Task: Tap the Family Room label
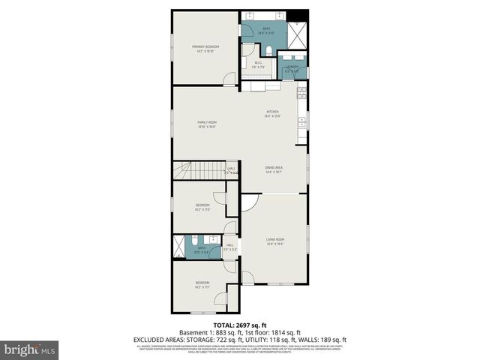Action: tap(207, 124)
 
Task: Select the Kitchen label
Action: tap(272, 113)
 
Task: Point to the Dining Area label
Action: tap(273, 169)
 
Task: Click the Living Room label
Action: tap(275, 241)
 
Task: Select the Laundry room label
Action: tap(292, 68)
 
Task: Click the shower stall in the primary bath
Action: tap(298, 36)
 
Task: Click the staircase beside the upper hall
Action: tap(199, 171)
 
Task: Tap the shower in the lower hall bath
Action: tap(179, 247)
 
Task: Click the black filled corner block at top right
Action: tap(301, 16)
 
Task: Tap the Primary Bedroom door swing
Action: tap(229, 78)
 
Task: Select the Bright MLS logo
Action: tap(30, 349)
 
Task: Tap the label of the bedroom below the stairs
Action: tap(202, 207)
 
